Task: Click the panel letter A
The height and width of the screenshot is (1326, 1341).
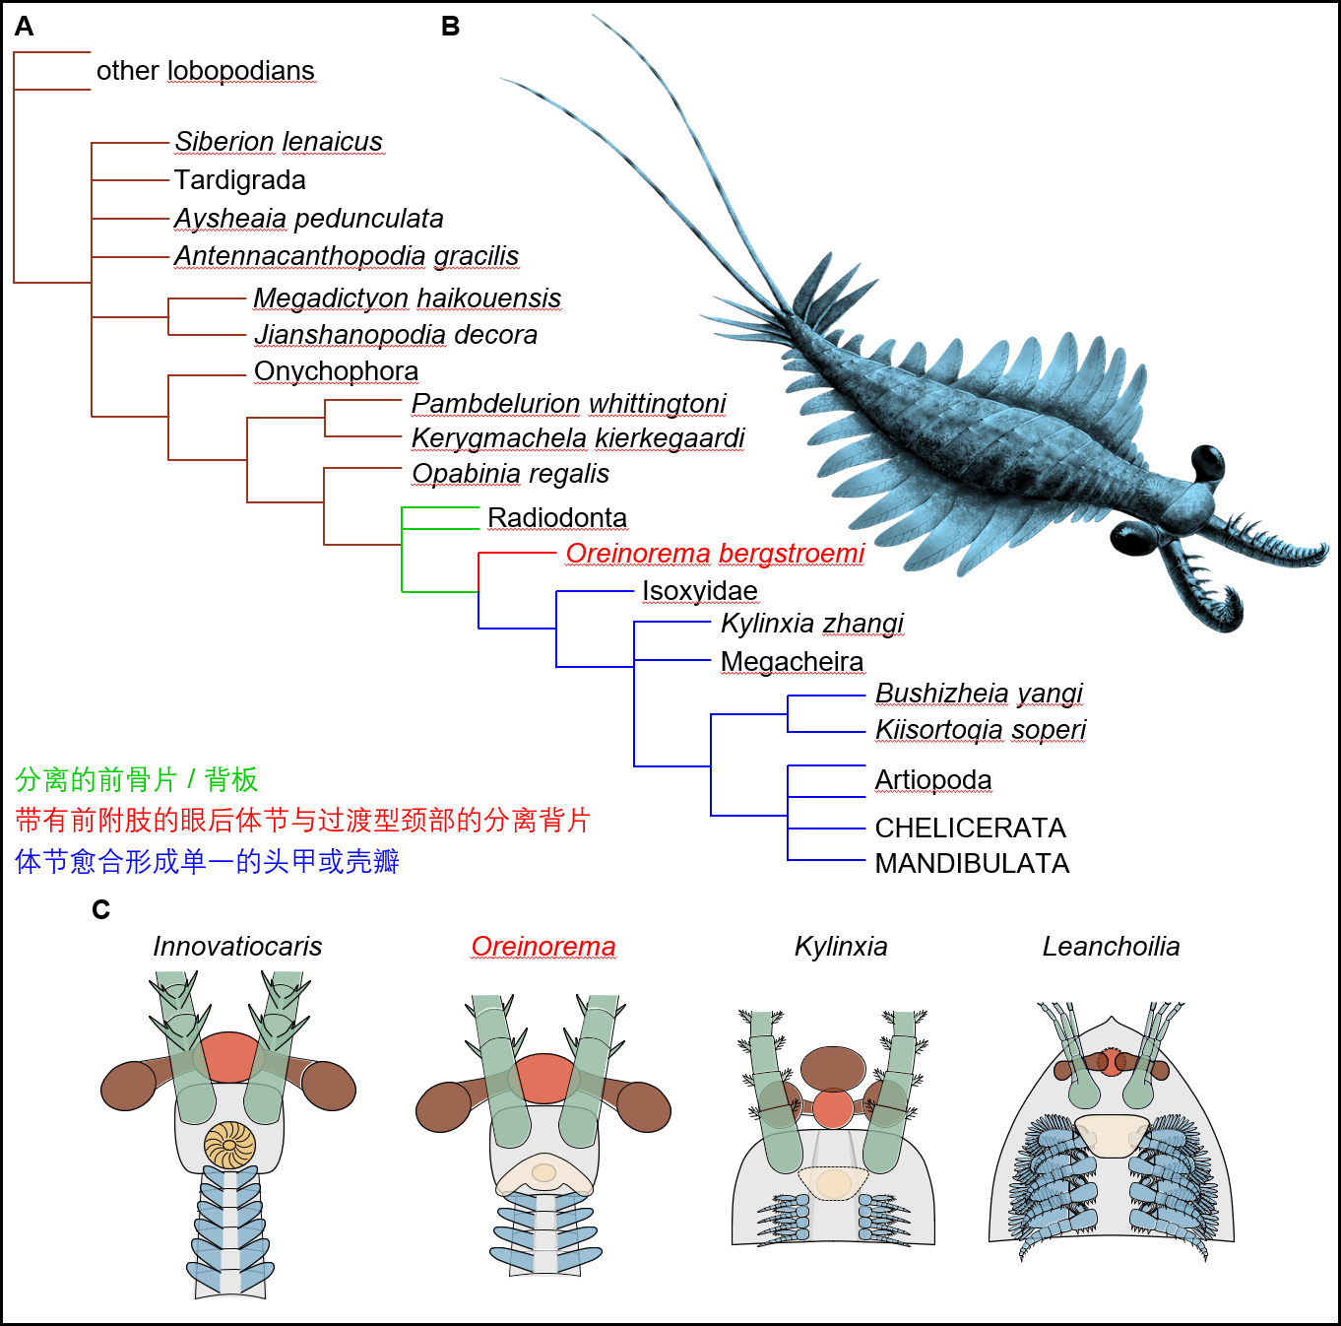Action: point(24,27)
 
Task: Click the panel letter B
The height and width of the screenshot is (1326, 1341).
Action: point(450,27)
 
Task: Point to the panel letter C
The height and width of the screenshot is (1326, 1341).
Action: point(100,909)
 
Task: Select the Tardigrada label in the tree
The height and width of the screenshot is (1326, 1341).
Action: point(239,180)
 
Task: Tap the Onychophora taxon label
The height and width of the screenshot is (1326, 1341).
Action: point(336,371)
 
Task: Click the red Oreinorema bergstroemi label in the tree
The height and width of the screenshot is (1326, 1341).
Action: point(715,554)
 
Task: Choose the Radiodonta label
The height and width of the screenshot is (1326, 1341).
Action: point(556,517)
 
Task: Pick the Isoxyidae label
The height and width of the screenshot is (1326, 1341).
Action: point(699,590)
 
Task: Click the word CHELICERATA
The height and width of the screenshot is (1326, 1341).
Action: point(970,829)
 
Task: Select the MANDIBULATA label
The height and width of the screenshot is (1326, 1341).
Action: point(972,864)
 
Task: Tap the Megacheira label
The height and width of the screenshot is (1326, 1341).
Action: point(792,662)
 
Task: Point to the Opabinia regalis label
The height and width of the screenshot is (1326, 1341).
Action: point(510,474)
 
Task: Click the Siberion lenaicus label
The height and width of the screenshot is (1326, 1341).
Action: point(279,142)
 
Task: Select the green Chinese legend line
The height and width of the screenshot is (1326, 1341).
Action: point(137,779)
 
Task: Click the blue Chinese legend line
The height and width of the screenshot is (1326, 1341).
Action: point(208,861)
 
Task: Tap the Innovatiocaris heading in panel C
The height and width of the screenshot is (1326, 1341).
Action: point(237,947)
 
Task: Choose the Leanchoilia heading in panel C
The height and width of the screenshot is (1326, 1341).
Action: point(1111,947)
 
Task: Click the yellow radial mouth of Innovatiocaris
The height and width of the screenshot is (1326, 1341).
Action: point(229,1144)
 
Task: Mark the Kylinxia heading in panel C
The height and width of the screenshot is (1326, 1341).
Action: point(841,947)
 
